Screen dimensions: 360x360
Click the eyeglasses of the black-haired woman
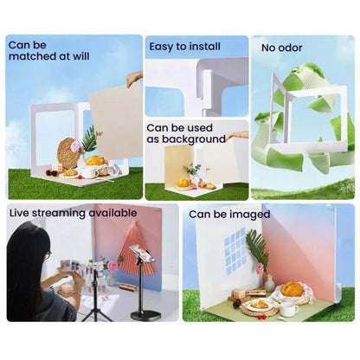pyautogui.click(x=45, y=256)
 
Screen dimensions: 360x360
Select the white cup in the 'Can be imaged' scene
pyautogui.click(x=289, y=308)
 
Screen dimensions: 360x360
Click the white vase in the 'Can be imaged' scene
pyautogui.click(x=269, y=283)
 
